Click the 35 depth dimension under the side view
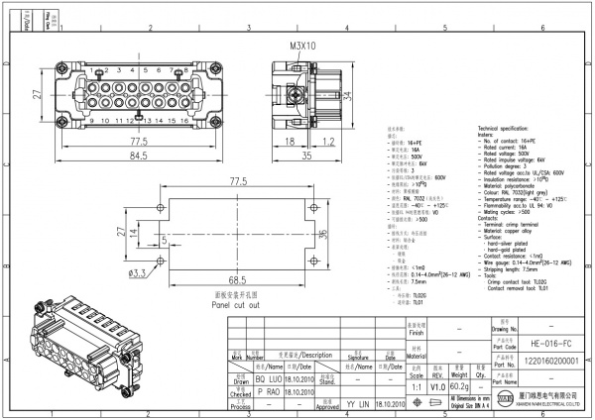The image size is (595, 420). pyautogui.click(x=306, y=156)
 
